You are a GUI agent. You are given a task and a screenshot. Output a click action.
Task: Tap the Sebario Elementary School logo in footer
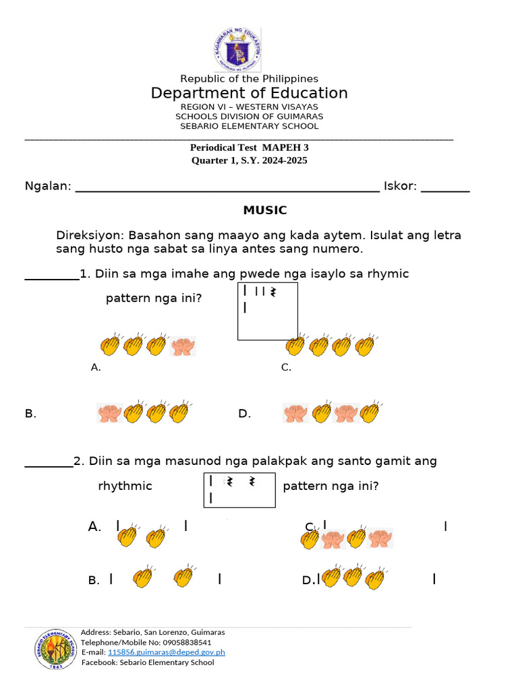(x=53, y=649)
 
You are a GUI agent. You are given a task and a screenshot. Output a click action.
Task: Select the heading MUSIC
(x=264, y=210)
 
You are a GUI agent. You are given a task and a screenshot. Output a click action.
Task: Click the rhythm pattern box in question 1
(x=267, y=311)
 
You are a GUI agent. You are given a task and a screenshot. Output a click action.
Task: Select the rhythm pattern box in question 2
(x=239, y=490)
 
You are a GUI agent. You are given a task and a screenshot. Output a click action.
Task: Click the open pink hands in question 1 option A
(x=182, y=346)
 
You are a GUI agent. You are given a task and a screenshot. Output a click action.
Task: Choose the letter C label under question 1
(x=286, y=367)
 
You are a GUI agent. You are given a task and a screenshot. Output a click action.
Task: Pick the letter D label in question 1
(x=244, y=414)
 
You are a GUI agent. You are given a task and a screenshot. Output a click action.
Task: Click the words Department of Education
(x=249, y=93)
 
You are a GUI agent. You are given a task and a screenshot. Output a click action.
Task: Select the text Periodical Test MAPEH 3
(x=249, y=148)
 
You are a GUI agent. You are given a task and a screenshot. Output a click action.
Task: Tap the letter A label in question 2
(x=94, y=527)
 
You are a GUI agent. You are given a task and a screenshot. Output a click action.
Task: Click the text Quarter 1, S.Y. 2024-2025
(x=249, y=160)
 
